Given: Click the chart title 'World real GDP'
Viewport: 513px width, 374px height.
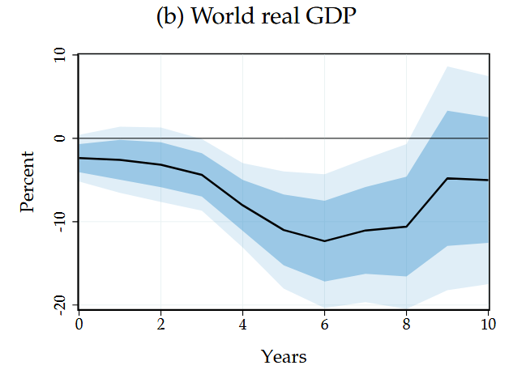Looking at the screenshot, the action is (273, 15).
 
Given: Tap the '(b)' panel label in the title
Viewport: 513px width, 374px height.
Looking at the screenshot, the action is (170, 16).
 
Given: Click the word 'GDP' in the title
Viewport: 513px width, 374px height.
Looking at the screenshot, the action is (331, 15).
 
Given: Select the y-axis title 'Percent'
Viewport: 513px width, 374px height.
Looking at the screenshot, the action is (27, 182).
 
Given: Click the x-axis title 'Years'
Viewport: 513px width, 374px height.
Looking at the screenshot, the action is (284, 356).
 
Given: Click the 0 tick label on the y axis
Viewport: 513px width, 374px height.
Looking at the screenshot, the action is (60, 138).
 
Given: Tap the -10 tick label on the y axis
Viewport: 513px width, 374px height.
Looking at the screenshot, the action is (60, 221).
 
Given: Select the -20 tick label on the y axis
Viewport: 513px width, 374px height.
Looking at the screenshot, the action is (60, 304).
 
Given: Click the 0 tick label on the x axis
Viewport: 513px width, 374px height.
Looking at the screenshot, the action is (79, 325).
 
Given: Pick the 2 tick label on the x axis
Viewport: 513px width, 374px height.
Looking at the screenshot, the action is (160, 325).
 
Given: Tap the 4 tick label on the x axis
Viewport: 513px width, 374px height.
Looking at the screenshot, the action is (242, 325).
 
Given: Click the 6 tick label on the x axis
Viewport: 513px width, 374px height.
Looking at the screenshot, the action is (324, 325).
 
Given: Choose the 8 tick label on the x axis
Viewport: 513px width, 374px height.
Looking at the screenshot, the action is (406, 325).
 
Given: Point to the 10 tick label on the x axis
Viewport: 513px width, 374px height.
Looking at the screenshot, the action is (489, 325).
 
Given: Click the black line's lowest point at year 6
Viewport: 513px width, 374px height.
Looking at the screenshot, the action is (324, 241).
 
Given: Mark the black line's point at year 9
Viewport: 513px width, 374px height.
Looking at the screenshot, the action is (447, 178).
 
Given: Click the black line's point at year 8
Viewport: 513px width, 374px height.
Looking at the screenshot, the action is (406, 227).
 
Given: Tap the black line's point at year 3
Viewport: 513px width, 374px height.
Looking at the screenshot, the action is (202, 175).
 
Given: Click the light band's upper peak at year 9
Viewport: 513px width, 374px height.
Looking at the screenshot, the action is (447, 66).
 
